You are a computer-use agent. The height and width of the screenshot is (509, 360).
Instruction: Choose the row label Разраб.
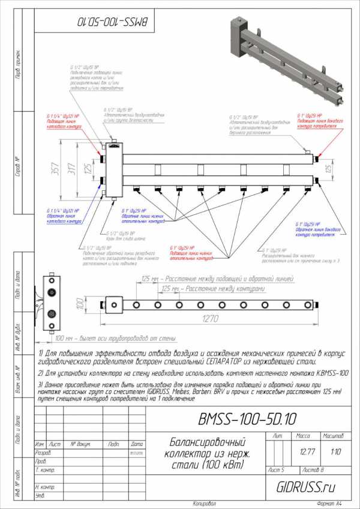43,453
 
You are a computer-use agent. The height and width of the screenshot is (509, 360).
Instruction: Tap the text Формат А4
330,503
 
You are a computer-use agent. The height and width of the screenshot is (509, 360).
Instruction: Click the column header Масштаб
333,435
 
